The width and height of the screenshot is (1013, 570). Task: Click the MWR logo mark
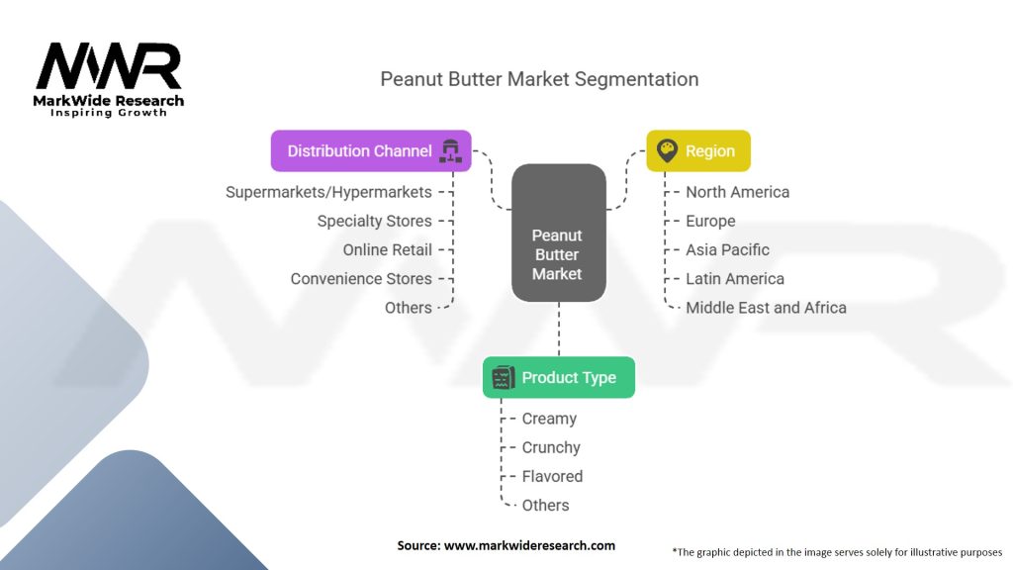109,65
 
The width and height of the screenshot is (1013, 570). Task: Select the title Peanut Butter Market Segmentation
539,79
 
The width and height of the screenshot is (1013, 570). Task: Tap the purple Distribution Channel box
371,150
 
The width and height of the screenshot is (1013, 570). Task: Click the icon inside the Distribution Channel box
450,150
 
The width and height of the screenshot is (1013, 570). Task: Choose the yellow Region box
698,150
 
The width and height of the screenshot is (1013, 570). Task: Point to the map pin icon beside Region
667,150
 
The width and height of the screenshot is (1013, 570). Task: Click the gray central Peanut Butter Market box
559,233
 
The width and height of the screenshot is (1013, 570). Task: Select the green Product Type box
559,377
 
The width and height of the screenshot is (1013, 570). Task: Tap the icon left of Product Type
504,377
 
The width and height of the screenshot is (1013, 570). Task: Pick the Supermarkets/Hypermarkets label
328,192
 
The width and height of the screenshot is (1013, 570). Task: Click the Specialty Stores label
374,221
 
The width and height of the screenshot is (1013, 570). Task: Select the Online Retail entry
387,250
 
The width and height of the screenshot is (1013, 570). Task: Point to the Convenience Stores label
360,278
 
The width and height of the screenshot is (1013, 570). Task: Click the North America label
737,192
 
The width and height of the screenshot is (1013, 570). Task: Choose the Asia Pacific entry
727,250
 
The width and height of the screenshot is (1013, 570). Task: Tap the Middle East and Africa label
766,308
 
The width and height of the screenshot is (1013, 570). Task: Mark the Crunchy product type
551,447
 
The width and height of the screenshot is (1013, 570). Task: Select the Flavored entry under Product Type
552,476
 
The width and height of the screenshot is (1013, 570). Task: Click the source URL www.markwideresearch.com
529,545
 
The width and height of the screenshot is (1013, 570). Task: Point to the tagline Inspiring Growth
109,113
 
